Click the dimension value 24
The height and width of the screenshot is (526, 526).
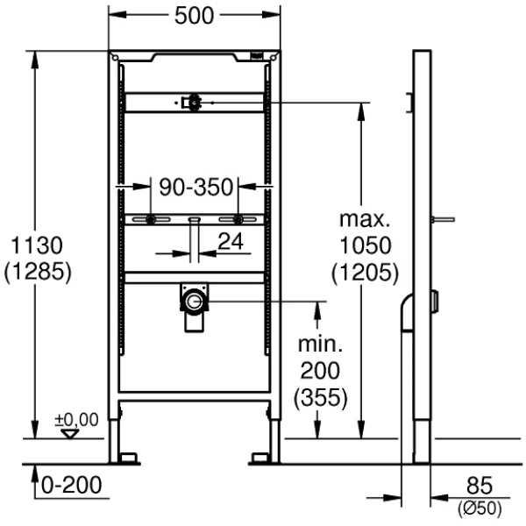(x=231, y=242)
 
